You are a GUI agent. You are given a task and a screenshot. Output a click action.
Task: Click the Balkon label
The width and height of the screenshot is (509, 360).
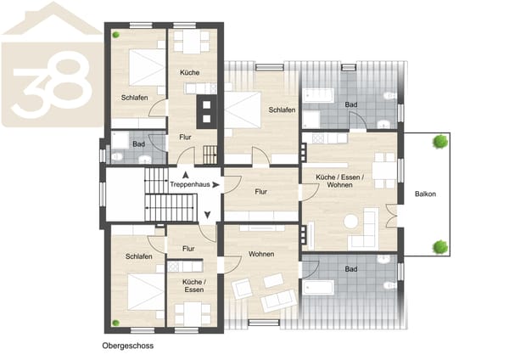coord(425,194)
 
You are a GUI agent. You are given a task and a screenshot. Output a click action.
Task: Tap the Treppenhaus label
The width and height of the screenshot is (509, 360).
coord(190,184)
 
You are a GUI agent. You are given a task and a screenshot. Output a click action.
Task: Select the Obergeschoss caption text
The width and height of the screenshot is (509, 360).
coord(128,346)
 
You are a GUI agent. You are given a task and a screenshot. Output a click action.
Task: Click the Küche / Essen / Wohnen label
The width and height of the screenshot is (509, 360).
coord(340,181)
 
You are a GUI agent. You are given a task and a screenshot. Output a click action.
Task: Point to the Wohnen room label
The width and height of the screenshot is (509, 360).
coord(261,254)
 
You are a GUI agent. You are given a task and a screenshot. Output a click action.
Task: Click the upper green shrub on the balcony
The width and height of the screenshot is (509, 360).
coord(440,142)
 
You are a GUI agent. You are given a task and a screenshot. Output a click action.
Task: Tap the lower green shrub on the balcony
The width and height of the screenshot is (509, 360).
coord(440,247)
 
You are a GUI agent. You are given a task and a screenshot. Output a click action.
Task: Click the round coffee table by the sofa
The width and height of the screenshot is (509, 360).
coord(351,222)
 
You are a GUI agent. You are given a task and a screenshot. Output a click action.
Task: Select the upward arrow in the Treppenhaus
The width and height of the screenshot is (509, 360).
coord(185,176)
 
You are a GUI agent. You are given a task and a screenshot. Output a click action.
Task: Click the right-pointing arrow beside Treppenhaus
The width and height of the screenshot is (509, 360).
coord(215,184)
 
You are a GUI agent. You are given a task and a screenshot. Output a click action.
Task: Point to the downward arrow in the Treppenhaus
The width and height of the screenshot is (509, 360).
coord(208,215)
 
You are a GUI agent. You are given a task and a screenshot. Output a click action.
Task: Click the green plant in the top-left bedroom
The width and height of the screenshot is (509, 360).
coord(116,35)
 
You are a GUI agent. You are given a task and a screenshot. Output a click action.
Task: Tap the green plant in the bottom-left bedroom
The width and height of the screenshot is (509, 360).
coord(115,323)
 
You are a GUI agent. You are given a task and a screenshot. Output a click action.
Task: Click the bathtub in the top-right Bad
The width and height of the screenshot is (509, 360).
coord(318,95)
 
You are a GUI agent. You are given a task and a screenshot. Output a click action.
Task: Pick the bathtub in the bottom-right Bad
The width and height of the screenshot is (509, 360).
coord(318,287)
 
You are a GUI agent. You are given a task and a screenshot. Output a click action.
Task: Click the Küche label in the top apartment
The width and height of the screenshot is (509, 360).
coord(189,72)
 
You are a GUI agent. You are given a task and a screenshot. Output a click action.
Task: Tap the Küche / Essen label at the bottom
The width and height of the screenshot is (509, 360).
coord(194,286)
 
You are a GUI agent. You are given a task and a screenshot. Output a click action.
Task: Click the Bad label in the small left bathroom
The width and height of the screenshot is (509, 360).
coord(138,144)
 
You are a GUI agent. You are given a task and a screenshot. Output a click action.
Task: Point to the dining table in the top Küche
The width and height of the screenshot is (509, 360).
coord(192,42)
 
